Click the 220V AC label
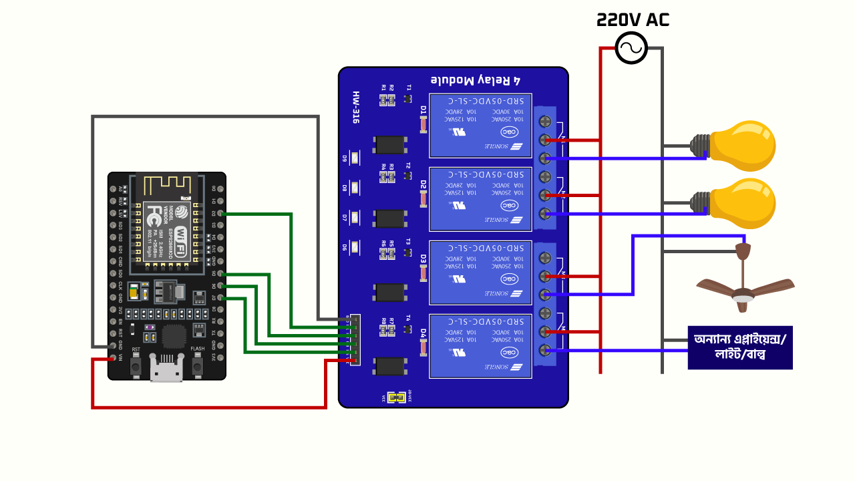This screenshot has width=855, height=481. (x=632, y=19)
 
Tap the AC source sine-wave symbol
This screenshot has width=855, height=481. (x=631, y=48)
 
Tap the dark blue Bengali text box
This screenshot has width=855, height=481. (x=740, y=347)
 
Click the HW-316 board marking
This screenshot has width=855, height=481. (x=355, y=108)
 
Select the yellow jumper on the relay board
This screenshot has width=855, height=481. (x=398, y=397)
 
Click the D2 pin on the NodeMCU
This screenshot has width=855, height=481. (x=220, y=213)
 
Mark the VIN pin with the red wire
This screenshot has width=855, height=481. (x=112, y=357)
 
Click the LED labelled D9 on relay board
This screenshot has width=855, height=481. (x=355, y=158)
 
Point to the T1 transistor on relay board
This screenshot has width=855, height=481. (x=407, y=99)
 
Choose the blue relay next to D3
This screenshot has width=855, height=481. (x=480, y=272)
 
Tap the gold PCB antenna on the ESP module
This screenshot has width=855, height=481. (x=166, y=185)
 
